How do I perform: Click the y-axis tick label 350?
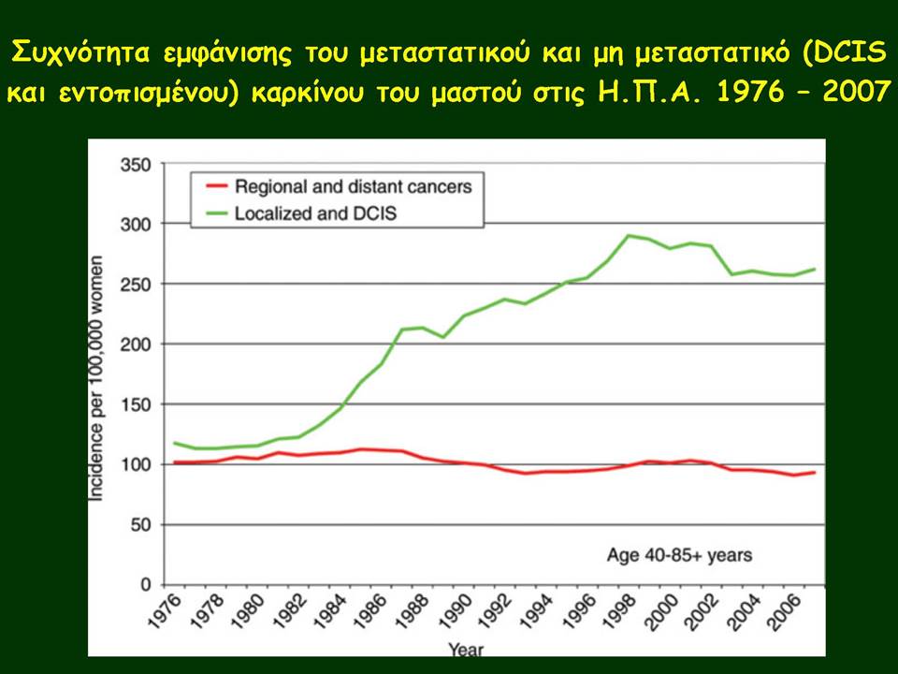click(136, 165)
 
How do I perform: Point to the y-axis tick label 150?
click(136, 404)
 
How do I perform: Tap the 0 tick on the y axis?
click(146, 584)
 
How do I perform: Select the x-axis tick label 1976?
click(165, 611)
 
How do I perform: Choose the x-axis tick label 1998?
click(621, 611)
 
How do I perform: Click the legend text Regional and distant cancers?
click(354, 187)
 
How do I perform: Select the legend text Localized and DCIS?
click(315, 213)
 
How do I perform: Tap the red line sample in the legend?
click(216, 185)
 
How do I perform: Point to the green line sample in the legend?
click(216, 213)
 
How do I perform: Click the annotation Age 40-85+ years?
click(679, 555)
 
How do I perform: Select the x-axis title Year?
click(466, 650)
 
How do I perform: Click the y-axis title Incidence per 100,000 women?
click(96, 378)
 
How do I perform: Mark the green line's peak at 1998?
click(629, 236)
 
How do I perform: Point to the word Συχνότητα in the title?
click(80, 52)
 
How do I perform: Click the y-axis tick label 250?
click(136, 285)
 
